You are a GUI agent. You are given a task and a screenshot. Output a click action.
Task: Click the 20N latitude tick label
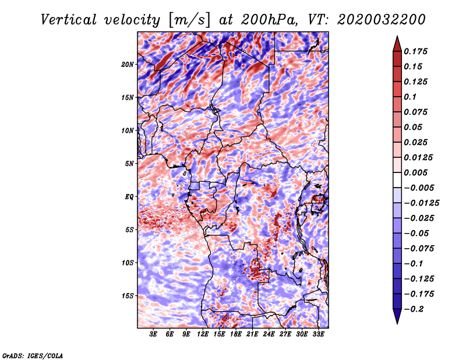(128, 65)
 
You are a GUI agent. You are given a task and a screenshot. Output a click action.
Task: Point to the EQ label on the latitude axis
(129, 197)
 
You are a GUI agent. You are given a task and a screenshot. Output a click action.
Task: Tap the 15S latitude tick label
(128, 296)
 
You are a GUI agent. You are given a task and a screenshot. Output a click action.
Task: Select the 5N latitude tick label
(129, 164)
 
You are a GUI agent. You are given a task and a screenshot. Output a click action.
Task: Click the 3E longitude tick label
(153, 334)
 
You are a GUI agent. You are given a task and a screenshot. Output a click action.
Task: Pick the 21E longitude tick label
(252, 334)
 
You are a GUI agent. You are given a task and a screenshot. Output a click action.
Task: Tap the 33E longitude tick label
(318, 334)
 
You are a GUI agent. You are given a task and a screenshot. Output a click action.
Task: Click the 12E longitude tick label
(203, 334)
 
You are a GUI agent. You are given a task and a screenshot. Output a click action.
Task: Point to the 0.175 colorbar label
(415, 51)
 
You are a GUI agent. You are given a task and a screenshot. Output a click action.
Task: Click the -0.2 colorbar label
(414, 309)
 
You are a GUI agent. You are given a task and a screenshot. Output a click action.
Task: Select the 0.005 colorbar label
(415, 172)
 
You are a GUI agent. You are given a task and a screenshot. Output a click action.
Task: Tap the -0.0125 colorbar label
(421, 203)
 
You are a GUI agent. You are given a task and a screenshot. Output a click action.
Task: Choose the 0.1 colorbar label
(410, 97)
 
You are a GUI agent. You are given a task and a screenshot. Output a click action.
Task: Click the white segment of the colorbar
(397, 180)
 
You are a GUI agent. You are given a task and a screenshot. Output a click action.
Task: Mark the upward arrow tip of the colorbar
(397, 36)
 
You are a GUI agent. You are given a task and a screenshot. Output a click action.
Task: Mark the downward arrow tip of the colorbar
(397, 324)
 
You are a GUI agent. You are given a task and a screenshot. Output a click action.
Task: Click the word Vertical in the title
(69, 20)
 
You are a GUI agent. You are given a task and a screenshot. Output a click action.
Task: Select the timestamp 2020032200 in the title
(382, 20)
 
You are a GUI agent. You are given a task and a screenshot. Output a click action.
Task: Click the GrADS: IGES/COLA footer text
(33, 356)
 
